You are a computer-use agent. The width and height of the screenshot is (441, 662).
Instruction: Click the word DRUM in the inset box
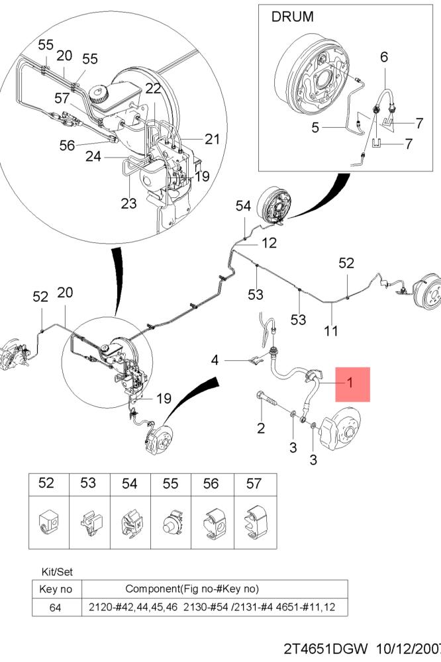(292, 17)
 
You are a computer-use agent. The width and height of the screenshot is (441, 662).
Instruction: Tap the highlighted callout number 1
(350, 383)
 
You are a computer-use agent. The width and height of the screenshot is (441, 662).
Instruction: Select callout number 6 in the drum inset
(384, 56)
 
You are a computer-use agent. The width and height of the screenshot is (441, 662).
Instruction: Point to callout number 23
(129, 203)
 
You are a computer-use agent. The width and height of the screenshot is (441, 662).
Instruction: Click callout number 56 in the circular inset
(67, 145)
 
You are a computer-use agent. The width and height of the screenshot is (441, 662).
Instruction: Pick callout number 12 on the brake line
(269, 243)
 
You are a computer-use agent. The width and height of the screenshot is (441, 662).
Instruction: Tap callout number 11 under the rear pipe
(331, 330)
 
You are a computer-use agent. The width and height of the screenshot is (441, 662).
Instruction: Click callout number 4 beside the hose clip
(215, 360)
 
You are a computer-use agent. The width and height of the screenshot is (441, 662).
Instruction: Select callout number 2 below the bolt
(261, 428)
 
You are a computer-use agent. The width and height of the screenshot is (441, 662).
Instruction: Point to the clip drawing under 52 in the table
(48, 523)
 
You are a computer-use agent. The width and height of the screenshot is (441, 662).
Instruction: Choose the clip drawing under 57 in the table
(256, 523)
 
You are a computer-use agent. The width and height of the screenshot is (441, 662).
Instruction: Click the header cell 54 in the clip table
(130, 483)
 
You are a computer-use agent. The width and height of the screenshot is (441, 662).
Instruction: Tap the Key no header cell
(56, 589)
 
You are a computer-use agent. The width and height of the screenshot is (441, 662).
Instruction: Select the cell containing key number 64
(56, 608)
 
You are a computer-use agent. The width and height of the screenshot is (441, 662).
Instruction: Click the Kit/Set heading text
(57, 572)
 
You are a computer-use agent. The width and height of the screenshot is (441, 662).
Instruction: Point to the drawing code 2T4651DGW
(326, 649)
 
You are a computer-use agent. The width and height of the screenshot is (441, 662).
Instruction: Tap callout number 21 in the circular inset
(213, 139)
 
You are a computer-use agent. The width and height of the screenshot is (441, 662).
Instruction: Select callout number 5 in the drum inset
(315, 127)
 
